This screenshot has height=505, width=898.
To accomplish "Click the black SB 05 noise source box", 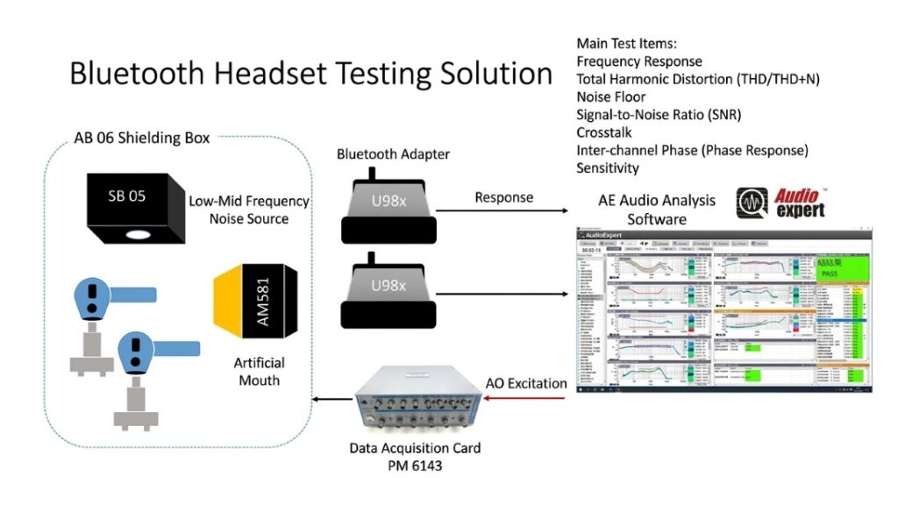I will [132, 204].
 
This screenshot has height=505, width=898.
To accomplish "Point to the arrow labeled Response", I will [503, 210].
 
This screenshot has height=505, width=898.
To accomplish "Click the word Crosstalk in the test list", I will [604, 132].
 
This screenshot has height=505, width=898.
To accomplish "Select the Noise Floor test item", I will [611, 96].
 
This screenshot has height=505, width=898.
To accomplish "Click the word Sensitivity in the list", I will [608, 167].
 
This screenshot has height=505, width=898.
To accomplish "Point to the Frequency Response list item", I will [639, 61].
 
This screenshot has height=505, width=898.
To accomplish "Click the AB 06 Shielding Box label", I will [142, 138].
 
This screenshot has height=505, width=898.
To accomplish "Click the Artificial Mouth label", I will [259, 371].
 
